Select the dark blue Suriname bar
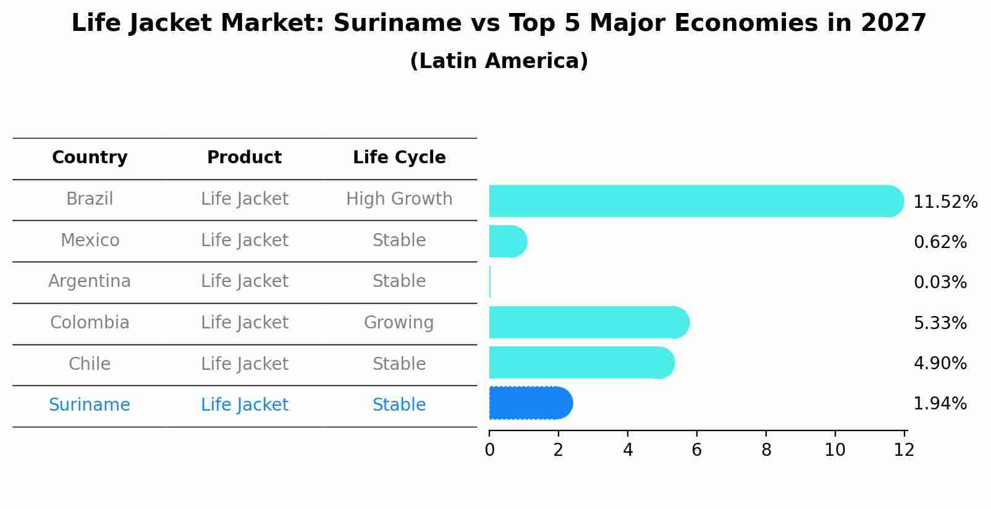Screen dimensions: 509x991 tap(531, 403)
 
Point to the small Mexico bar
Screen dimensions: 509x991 tap(507, 241)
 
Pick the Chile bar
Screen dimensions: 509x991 tap(581, 362)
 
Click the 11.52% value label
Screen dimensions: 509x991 tap(945, 202)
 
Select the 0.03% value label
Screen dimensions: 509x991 tap(940, 283)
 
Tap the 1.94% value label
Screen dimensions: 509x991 tap(940, 404)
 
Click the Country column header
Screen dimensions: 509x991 tap(90, 158)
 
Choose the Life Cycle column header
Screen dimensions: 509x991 tap(399, 158)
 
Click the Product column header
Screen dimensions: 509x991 tap(244, 158)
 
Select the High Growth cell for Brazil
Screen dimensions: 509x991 tap(399, 199)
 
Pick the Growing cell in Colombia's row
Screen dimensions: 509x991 tap(399, 323)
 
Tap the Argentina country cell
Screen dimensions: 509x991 tap(90, 281)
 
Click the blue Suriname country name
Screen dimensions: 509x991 tap(90, 405)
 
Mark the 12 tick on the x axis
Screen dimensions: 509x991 tap(904, 450)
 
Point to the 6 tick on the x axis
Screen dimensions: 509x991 tap(697, 450)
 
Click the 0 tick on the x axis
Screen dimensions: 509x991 tap(489, 450)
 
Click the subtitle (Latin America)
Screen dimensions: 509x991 tap(499, 61)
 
